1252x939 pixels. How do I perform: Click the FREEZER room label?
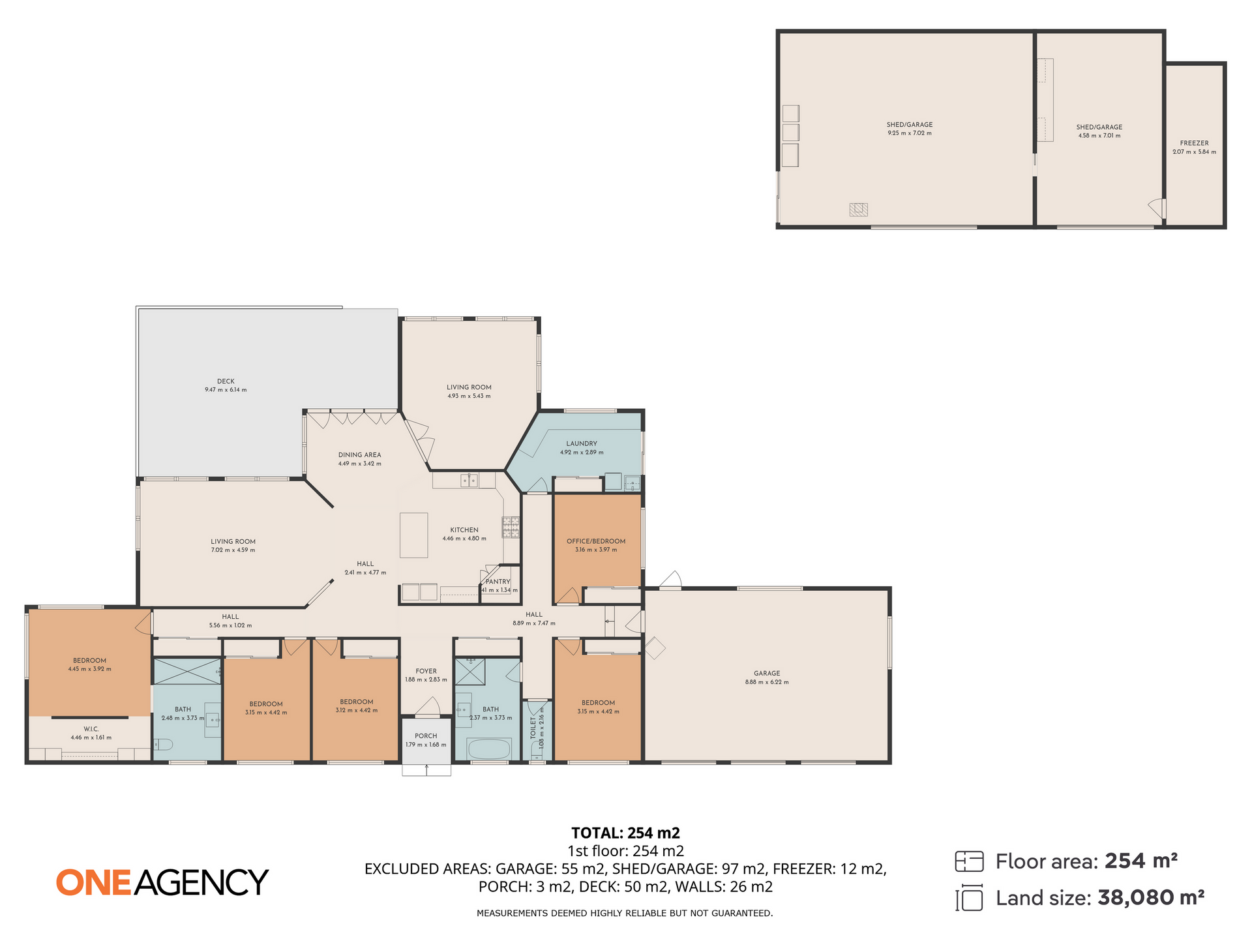pyautogui.click(x=1194, y=143)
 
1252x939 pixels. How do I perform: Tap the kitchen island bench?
pyautogui.click(x=413, y=535)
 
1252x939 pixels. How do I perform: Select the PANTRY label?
pyautogui.click(x=498, y=582)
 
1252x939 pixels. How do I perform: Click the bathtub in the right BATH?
pyautogui.click(x=489, y=749)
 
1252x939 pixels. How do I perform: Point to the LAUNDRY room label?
pyautogui.click(x=582, y=443)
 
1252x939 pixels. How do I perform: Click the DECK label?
pyautogui.click(x=226, y=381)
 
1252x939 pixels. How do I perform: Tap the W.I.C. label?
pyautogui.click(x=91, y=729)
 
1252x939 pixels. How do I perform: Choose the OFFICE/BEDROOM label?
pyautogui.click(x=596, y=541)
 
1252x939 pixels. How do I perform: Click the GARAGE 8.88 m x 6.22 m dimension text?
pyautogui.click(x=767, y=682)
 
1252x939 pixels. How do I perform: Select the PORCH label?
pyautogui.click(x=426, y=736)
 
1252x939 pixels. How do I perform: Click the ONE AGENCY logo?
pyautogui.click(x=162, y=882)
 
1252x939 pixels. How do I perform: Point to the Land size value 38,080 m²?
pyautogui.click(x=1150, y=898)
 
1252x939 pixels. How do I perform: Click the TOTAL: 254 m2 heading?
pyautogui.click(x=625, y=833)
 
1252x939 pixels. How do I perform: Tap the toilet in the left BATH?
pyautogui.click(x=162, y=744)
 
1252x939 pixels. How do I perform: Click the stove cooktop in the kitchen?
pyautogui.click(x=511, y=527)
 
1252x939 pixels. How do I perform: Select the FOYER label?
pyautogui.click(x=426, y=671)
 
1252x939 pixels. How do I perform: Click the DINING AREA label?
pyautogui.click(x=359, y=455)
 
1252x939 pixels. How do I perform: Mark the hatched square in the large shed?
pyautogui.click(x=858, y=209)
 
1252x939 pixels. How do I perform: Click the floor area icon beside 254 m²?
pyautogui.click(x=968, y=861)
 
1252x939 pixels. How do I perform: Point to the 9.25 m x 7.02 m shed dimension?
pyautogui.click(x=909, y=133)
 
